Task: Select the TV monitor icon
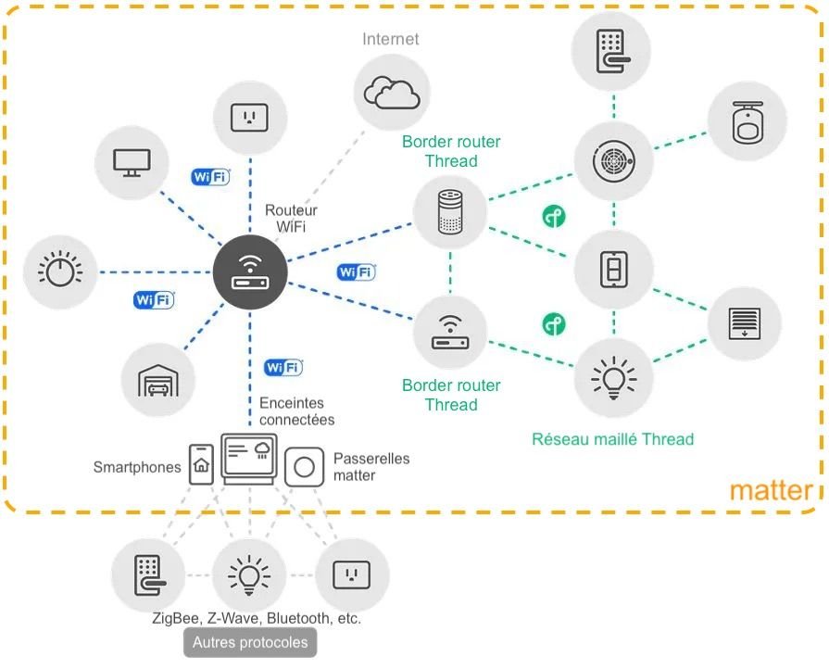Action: click(132, 163)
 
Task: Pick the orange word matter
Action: click(771, 490)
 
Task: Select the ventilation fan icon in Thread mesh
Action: click(611, 160)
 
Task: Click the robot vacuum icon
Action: click(746, 123)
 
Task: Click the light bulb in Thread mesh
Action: click(612, 378)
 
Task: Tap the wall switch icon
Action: click(612, 270)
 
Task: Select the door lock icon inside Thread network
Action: click(610, 49)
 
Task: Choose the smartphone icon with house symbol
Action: click(201, 463)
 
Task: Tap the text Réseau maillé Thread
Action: click(612, 439)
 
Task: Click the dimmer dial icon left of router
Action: click(60, 271)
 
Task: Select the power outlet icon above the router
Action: click(247, 117)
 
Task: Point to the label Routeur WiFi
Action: click(291, 219)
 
